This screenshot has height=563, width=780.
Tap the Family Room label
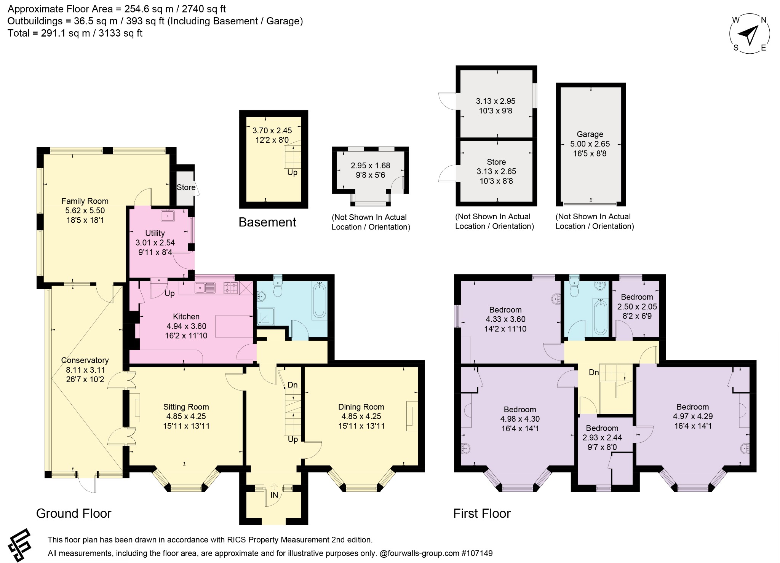pyautogui.click(x=85, y=201)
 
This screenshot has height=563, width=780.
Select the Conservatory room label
pyautogui.click(x=85, y=360)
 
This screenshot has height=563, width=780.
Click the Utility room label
pyautogui.click(x=155, y=233)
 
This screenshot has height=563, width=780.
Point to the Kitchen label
pyautogui.click(x=186, y=316)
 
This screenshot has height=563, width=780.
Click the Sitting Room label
pyautogui.click(x=186, y=407)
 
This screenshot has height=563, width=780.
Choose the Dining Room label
pyautogui.click(x=361, y=407)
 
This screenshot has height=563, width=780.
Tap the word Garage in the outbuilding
pyautogui.click(x=590, y=134)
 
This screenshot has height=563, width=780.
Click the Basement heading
pyautogui.click(x=267, y=222)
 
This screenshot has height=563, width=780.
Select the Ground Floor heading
pyautogui.click(x=74, y=514)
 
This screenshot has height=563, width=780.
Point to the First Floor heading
pyautogui.click(x=482, y=514)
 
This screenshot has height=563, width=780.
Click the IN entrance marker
pyautogui.click(x=274, y=495)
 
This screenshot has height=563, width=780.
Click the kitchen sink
pyautogui.click(x=205, y=288)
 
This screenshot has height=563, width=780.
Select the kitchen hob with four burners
pyautogui.click(x=230, y=288)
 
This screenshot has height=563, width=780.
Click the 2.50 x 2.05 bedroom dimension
pyautogui.click(x=637, y=306)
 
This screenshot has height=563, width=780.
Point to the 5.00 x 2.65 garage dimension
pyautogui.click(x=590, y=144)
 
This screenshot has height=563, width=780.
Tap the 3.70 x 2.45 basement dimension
pyautogui.click(x=272, y=131)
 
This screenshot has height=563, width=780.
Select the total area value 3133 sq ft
pyautogui.click(x=120, y=33)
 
